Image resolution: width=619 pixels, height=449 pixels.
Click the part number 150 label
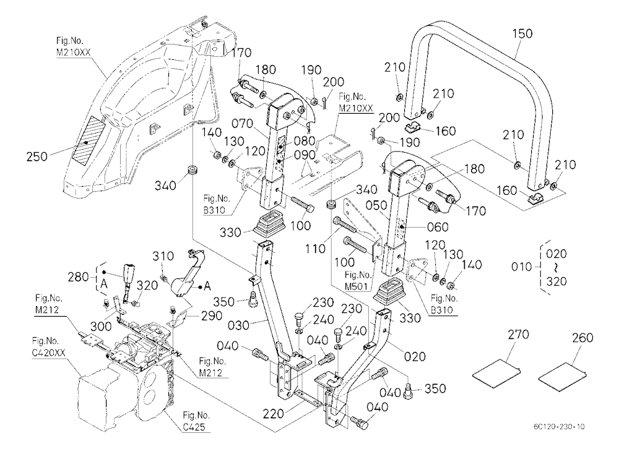[522, 33]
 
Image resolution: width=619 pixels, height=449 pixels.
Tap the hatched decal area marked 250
[88, 140]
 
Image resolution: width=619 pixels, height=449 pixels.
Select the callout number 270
[518, 335]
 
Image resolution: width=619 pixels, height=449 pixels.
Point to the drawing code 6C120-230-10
[558, 427]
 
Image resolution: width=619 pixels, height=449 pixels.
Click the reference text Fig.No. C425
[196, 421]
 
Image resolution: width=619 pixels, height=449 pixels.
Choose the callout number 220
[274, 414]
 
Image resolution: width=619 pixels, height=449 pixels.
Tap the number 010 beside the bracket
[521, 267]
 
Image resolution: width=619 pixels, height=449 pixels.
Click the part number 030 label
[238, 325]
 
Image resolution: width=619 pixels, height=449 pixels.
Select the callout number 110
[315, 249]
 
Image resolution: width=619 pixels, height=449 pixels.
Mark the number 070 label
[242, 124]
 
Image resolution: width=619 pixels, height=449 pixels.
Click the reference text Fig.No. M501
[358, 280]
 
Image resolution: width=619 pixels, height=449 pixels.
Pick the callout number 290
[212, 315]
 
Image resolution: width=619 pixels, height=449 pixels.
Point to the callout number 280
[78, 277]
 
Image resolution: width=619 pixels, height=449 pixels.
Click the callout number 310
[163, 257]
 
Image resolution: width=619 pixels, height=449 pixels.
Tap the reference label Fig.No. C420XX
[48, 346]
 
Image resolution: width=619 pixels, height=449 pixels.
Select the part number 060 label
[438, 227]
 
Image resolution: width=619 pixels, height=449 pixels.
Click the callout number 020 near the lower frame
[415, 357]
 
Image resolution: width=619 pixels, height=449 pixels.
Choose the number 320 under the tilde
[556, 281]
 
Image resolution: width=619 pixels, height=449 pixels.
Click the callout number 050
[376, 205]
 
